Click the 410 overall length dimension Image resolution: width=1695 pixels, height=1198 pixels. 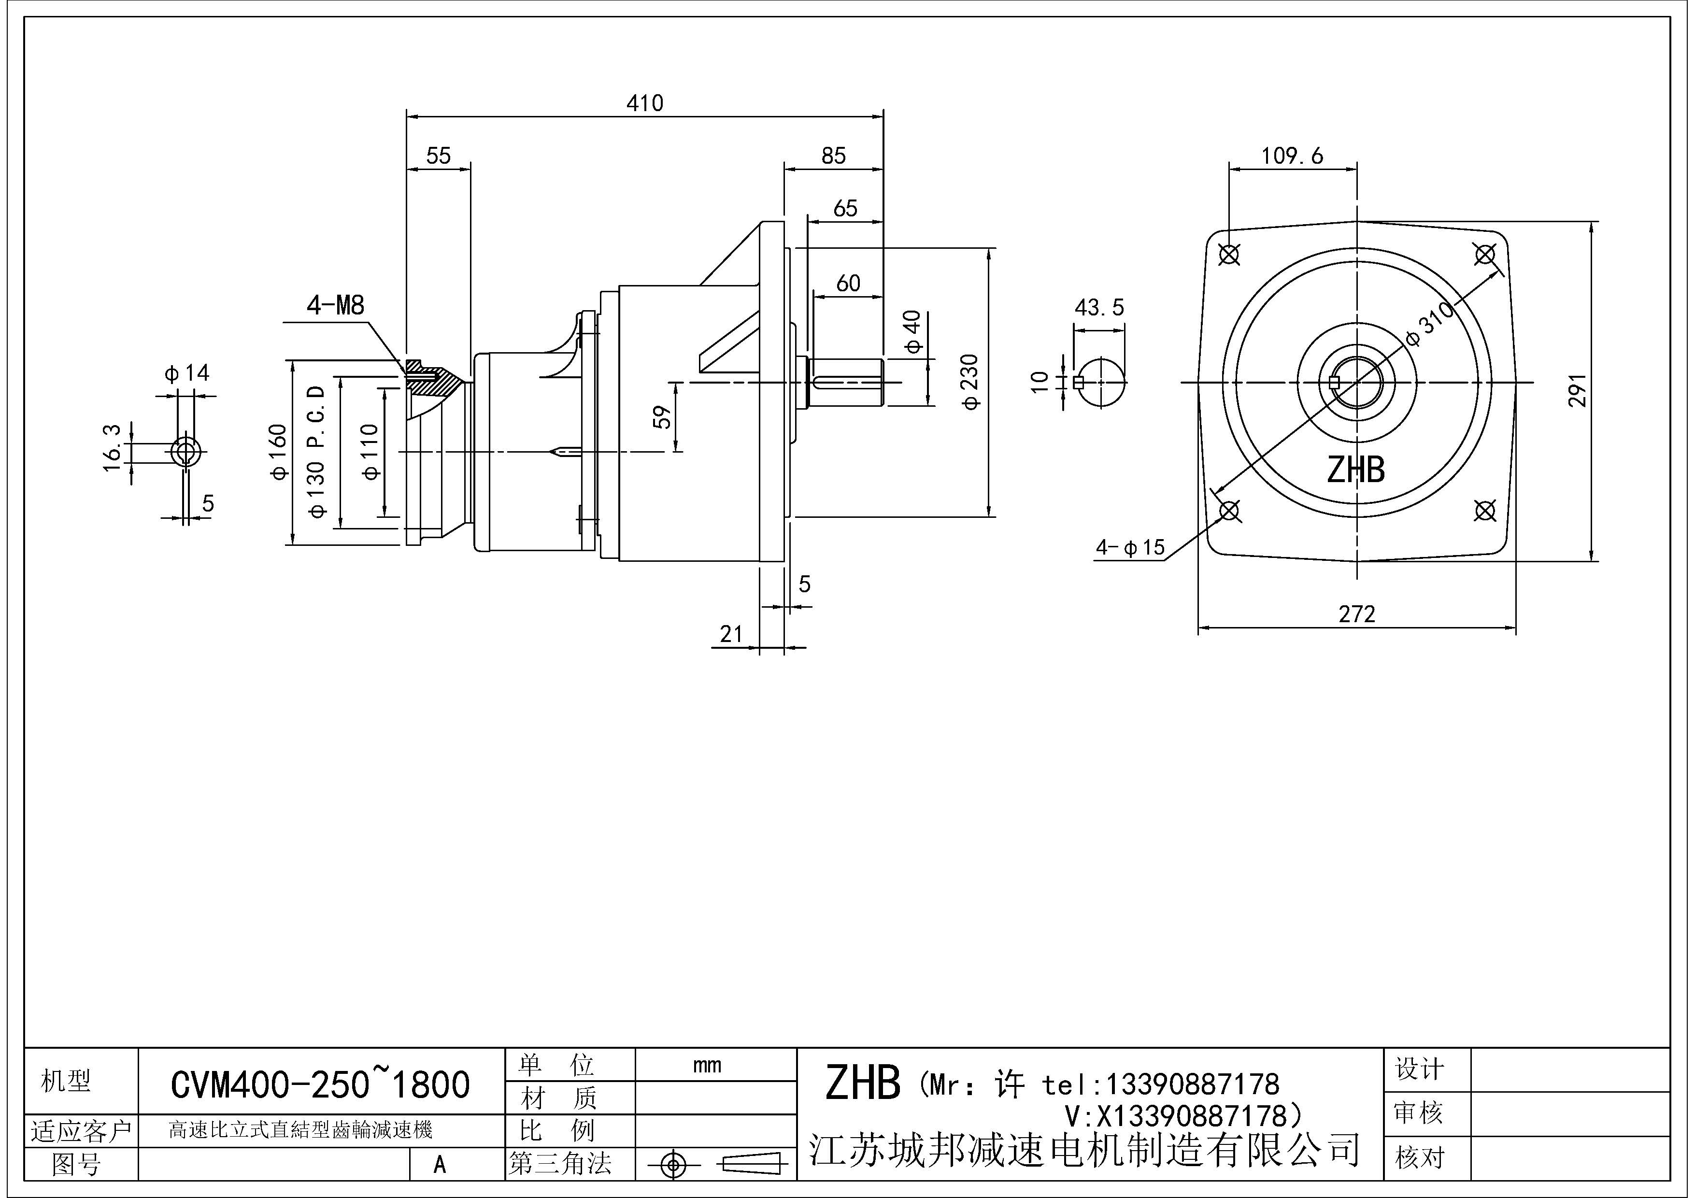pyautogui.click(x=644, y=103)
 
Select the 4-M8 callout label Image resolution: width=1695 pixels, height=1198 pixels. pyautogui.click(x=336, y=305)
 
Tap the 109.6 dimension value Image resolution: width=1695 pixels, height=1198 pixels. pyautogui.click(x=1292, y=156)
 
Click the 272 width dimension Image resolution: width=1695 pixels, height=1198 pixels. pyautogui.click(x=1357, y=614)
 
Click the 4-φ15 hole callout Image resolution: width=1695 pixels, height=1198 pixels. pyautogui.click(x=1129, y=548)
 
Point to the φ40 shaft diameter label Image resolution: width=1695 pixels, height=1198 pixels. pyautogui.click(x=913, y=332)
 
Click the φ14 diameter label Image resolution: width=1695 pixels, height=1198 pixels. pyautogui.click(x=187, y=373)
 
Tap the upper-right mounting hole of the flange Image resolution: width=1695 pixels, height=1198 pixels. pyautogui.click(x=1484, y=255)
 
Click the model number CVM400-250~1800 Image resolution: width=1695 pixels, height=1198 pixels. pyautogui.click(x=320, y=1084)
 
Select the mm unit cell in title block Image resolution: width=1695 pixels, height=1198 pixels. pyautogui.click(x=707, y=1065)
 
